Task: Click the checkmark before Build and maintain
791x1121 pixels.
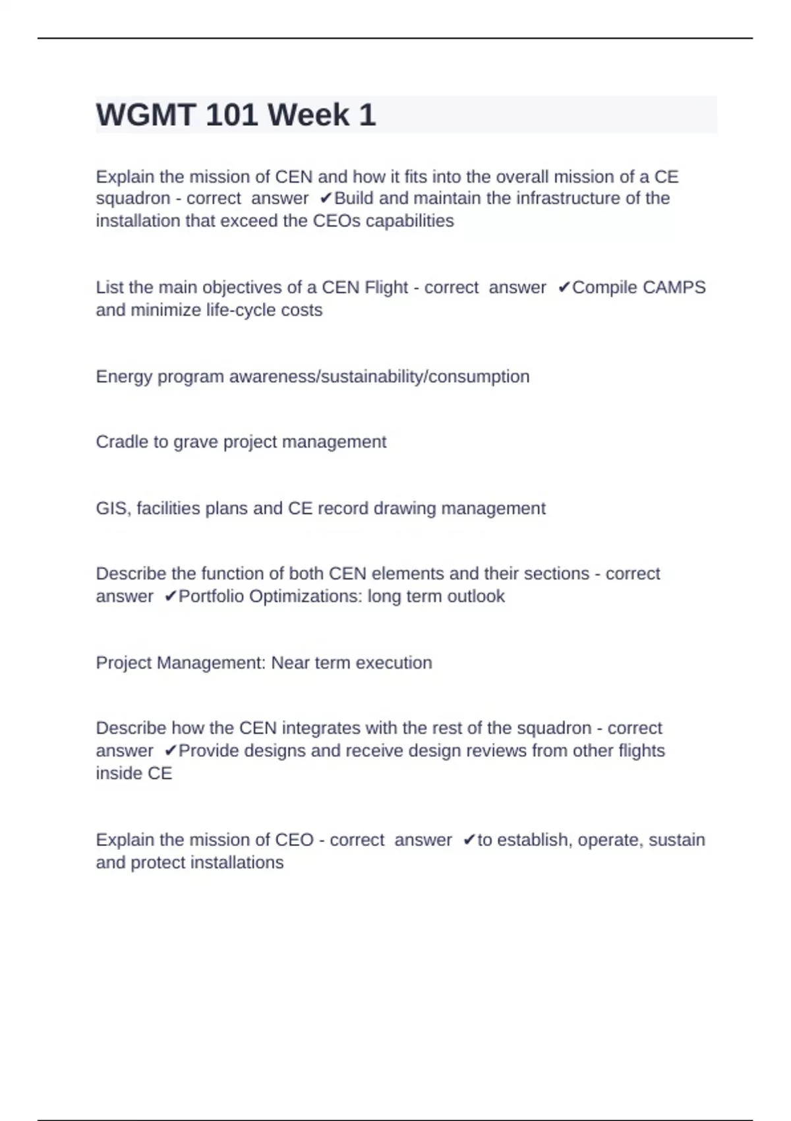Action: click(x=326, y=198)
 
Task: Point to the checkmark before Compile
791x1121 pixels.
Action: click(x=564, y=288)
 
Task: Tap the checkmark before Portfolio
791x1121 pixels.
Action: click(x=170, y=597)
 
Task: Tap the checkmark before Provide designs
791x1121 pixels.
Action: click(x=170, y=751)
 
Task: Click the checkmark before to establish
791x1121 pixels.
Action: click(x=469, y=840)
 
